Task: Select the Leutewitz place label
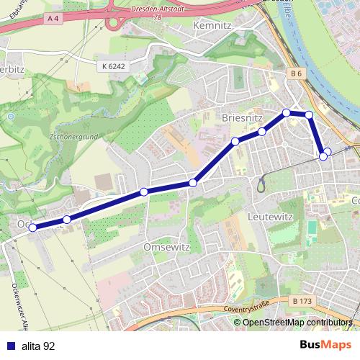pos(268,215)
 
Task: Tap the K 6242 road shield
pos(113,66)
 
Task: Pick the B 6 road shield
pos(296,73)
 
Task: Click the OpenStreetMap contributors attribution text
pos(297,323)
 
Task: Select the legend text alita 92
pos(37,346)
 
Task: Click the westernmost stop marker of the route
pos(32,228)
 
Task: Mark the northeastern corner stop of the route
pos(310,114)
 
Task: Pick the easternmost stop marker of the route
pos(328,151)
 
